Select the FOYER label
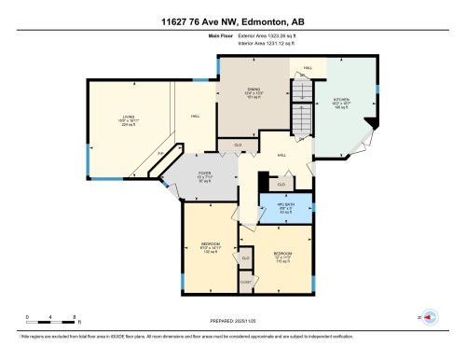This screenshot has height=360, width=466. click(x=205, y=179)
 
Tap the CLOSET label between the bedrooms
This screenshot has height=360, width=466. click(x=246, y=280)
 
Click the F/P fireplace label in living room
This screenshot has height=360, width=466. click(x=159, y=154)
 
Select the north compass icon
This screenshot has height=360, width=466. click(x=430, y=318)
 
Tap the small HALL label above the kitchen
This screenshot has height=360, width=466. click(x=308, y=68)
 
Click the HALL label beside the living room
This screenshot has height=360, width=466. click(x=195, y=116)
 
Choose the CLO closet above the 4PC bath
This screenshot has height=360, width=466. click(x=281, y=184)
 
